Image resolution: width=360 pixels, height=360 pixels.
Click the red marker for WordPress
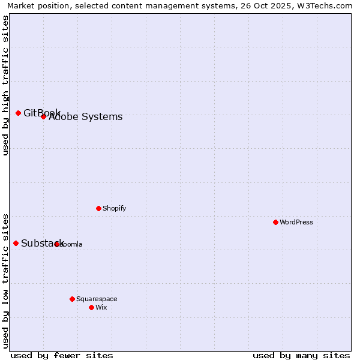click(x=275, y=222)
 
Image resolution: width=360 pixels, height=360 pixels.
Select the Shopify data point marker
click(x=98, y=208)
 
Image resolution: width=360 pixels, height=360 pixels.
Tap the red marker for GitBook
click(x=18, y=113)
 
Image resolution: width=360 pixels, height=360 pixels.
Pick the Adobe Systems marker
click(x=43, y=116)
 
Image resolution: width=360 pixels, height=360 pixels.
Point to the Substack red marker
click(x=16, y=243)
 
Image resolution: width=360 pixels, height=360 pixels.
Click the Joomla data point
click(x=56, y=244)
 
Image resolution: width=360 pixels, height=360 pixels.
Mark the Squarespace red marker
click(x=72, y=299)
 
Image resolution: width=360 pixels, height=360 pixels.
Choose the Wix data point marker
click(x=91, y=307)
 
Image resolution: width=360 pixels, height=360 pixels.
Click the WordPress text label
click(x=296, y=222)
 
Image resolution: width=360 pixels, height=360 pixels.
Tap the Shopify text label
click(x=115, y=208)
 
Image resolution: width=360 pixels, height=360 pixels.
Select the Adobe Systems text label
click(x=86, y=117)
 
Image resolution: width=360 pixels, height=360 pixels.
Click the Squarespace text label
click(x=97, y=299)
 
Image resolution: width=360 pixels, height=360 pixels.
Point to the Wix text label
click(x=101, y=307)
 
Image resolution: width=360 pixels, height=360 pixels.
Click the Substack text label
click(x=42, y=243)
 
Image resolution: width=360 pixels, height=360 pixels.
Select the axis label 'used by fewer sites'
click(x=62, y=355)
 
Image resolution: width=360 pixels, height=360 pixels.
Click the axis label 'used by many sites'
click(x=301, y=355)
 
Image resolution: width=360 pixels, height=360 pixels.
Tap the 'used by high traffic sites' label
click(x=6, y=85)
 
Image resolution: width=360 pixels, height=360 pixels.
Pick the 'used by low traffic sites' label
click(x=6, y=280)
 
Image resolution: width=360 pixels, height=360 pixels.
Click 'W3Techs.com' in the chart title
click(x=323, y=5)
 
